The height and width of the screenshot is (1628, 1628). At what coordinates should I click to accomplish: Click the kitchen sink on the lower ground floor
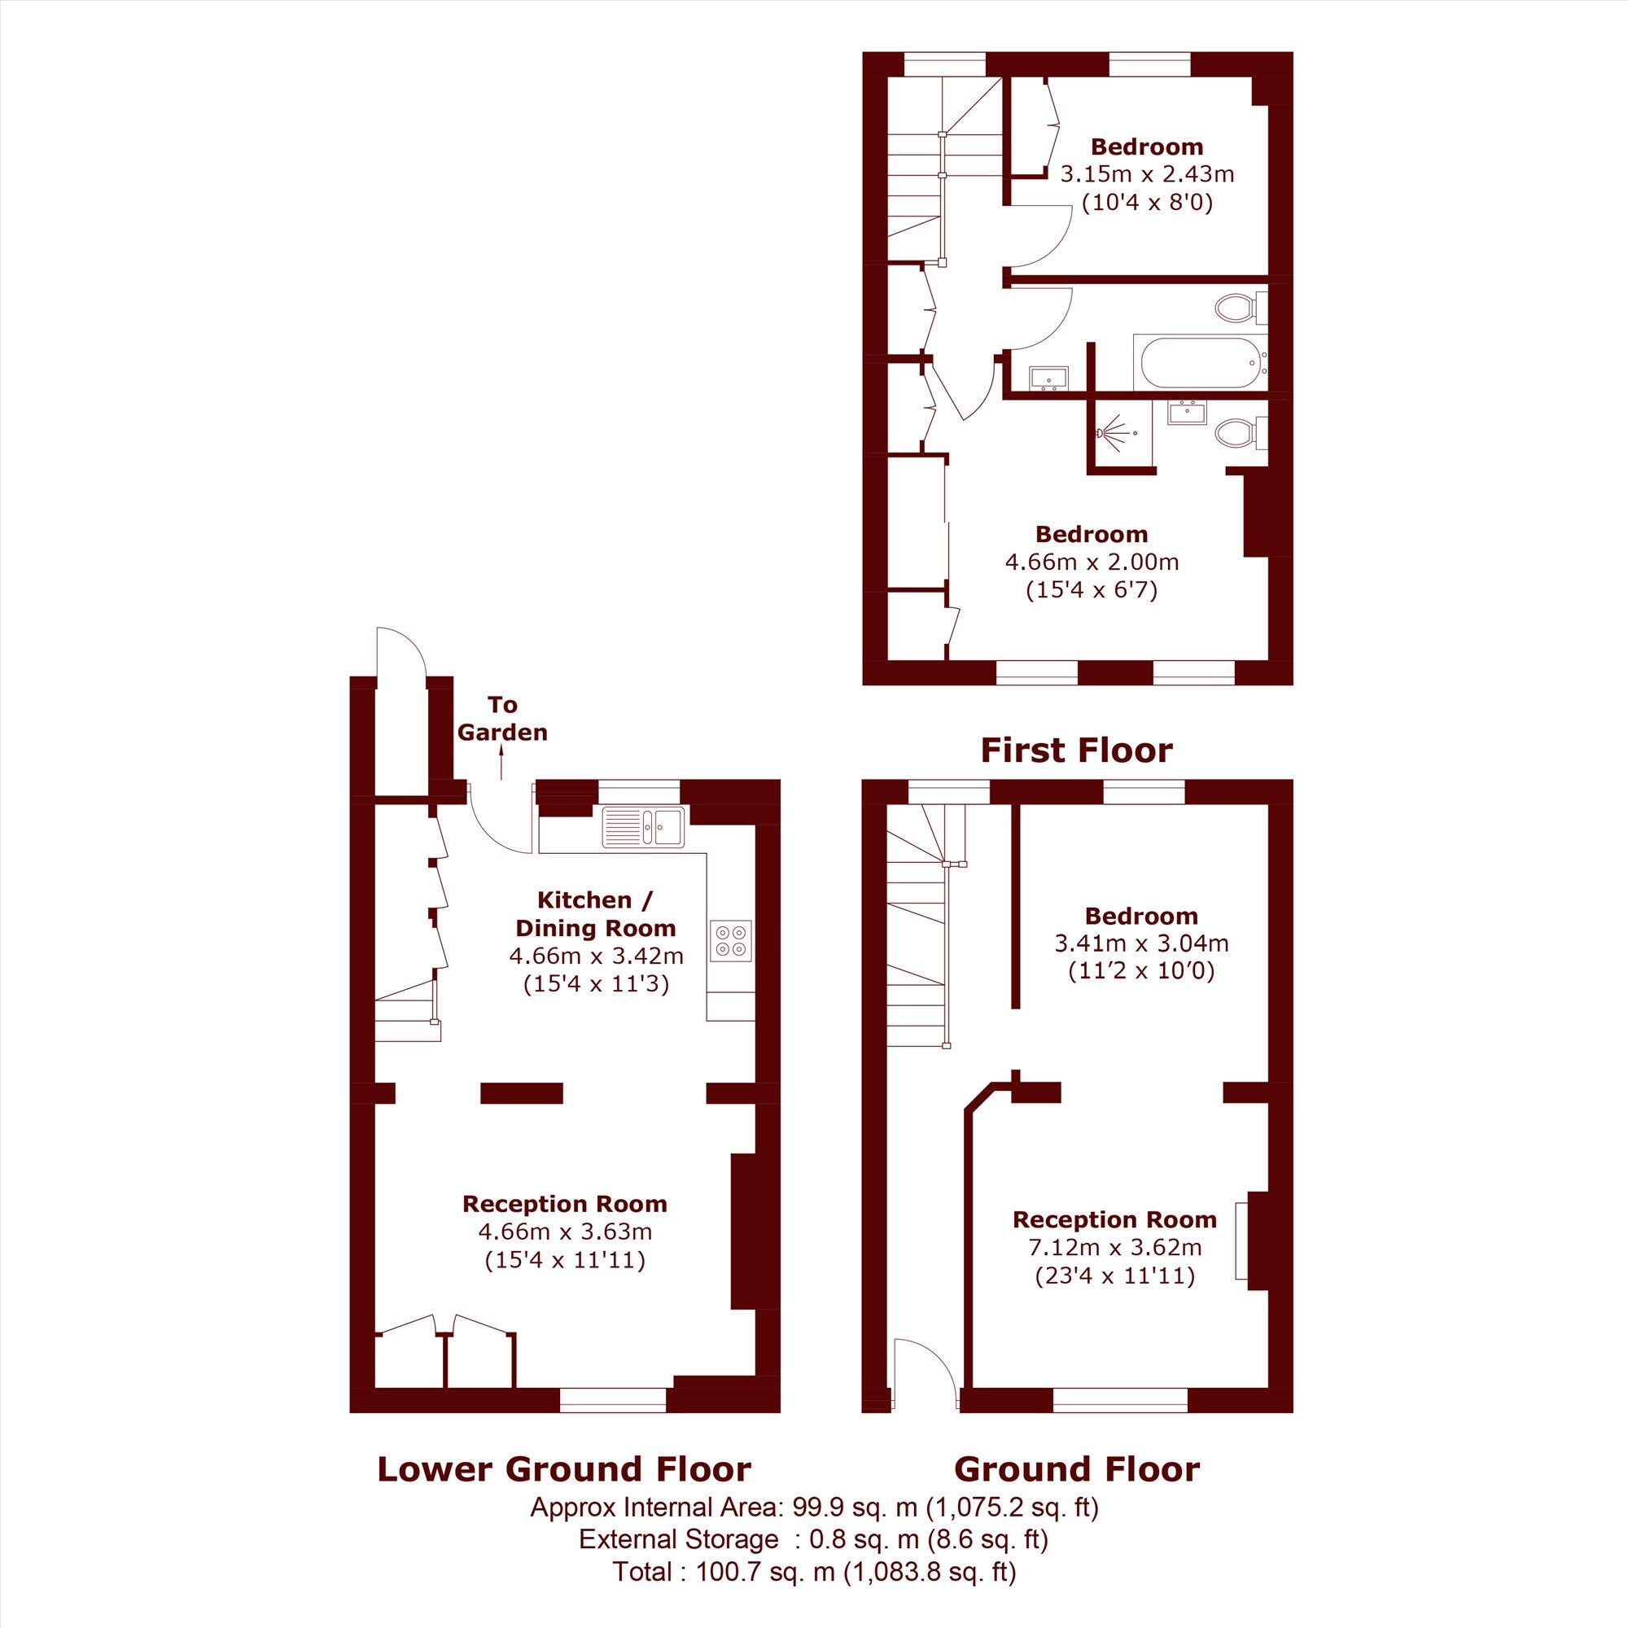tap(645, 827)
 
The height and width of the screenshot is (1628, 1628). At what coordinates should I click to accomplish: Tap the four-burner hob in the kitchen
tap(731, 941)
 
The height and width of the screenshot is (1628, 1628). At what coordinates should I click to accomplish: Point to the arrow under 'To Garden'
tap(502, 764)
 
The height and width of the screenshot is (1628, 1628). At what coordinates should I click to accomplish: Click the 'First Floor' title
tap(1076, 750)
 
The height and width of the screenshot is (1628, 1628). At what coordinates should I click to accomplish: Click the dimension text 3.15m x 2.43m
tap(1146, 174)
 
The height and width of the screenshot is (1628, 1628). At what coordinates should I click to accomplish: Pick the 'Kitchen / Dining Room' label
tap(595, 913)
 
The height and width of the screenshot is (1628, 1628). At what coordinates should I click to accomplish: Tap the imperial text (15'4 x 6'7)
tap(1092, 590)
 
